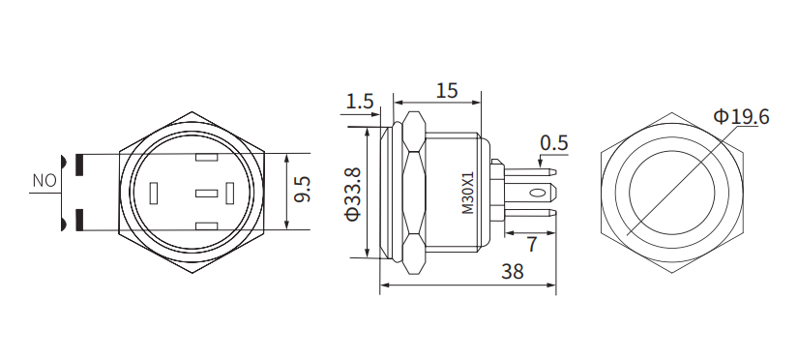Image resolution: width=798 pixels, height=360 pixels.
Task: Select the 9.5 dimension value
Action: click(x=302, y=189)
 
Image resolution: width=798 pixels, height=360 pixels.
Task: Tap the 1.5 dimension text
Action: click(x=359, y=101)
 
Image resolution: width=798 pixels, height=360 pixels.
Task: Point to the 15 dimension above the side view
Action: click(x=446, y=91)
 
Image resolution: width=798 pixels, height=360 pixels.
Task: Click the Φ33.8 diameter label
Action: click(x=353, y=194)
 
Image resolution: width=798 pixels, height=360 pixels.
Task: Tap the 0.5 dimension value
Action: click(x=554, y=143)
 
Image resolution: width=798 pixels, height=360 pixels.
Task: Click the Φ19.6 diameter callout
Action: click(x=742, y=117)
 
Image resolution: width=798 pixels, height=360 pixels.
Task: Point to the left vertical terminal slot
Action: click(x=155, y=194)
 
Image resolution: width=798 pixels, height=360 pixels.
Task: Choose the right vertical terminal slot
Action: click(x=231, y=194)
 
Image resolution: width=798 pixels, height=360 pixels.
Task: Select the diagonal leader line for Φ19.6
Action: click(x=677, y=184)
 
